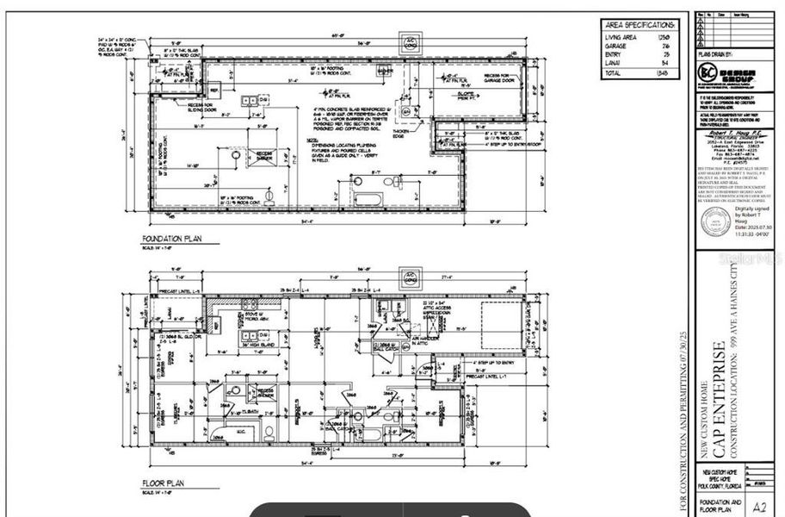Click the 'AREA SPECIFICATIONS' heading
coord(641,26)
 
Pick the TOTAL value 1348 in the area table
coord(664,74)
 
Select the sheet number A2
coord(758,506)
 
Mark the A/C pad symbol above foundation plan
coord(410,42)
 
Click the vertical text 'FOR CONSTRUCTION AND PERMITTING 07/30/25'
coord(684,421)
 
